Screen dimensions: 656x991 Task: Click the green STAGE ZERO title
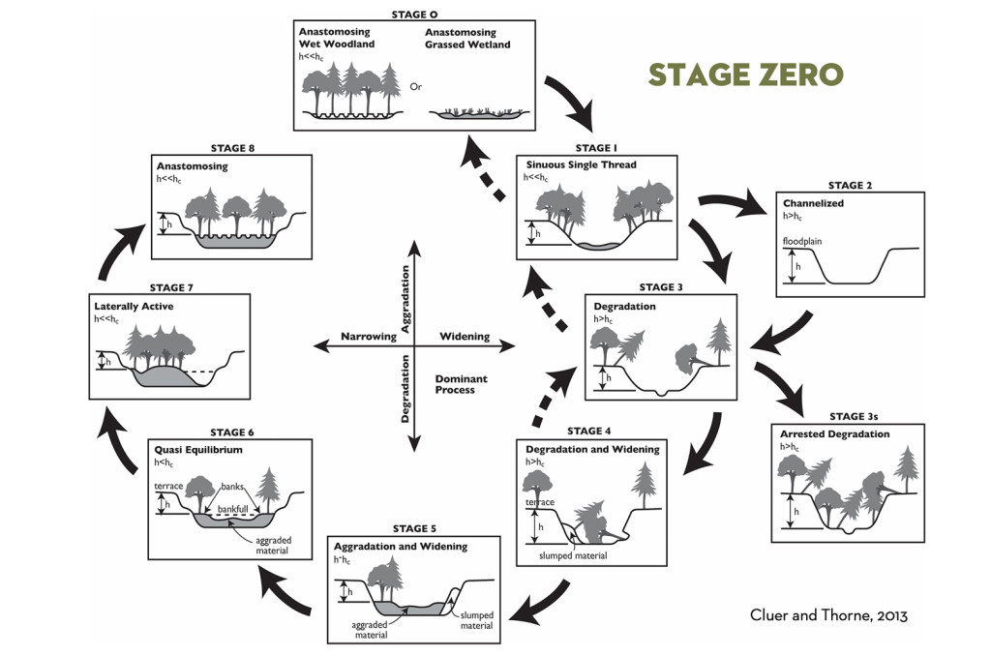(x=745, y=75)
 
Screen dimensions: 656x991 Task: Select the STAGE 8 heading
(x=230, y=148)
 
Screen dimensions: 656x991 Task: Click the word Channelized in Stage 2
(x=813, y=203)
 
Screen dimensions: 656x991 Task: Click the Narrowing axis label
(x=368, y=338)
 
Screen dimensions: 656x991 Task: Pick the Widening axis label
(x=465, y=338)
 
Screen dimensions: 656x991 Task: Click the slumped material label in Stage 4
(x=574, y=555)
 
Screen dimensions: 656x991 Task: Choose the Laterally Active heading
(x=134, y=306)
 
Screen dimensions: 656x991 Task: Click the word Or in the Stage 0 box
(x=415, y=86)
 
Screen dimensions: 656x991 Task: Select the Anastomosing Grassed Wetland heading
(x=470, y=38)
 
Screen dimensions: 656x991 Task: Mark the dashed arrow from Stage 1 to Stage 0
(x=481, y=170)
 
